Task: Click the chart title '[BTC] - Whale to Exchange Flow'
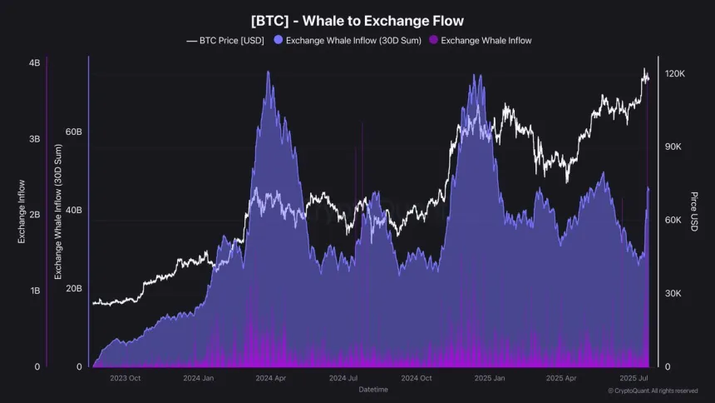pyautogui.click(x=357, y=20)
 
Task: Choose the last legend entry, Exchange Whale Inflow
pyautogui.click(x=486, y=40)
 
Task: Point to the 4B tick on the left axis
pyautogui.click(x=34, y=63)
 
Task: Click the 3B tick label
pyautogui.click(x=34, y=139)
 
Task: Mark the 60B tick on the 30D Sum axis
pyautogui.click(x=73, y=132)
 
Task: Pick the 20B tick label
pyautogui.click(x=73, y=288)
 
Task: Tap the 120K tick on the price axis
pyautogui.click(x=675, y=74)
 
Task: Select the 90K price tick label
pyautogui.click(x=675, y=147)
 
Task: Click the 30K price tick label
pyautogui.click(x=675, y=294)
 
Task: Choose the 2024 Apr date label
pyautogui.click(x=270, y=378)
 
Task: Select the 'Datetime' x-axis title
pyautogui.click(x=373, y=389)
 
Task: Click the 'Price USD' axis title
pyautogui.click(x=693, y=211)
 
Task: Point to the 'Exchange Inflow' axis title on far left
pyautogui.click(x=22, y=211)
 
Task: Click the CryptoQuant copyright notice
pyautogui.click(x=653, y=391)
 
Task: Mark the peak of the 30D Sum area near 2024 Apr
pyautogui.click(x=268, y=72)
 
